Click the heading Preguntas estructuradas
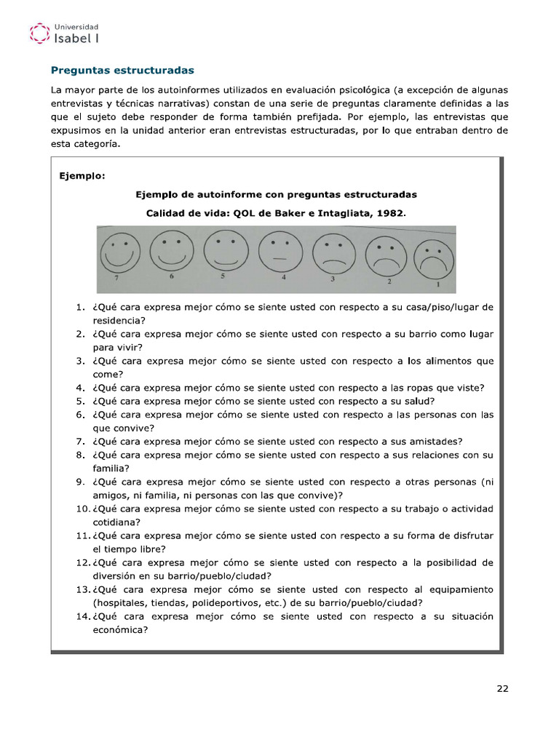[x=122, y=71]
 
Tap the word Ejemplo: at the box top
[x=82, y=176]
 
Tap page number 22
[x=502, y=690]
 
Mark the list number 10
[x=82, y=509]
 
